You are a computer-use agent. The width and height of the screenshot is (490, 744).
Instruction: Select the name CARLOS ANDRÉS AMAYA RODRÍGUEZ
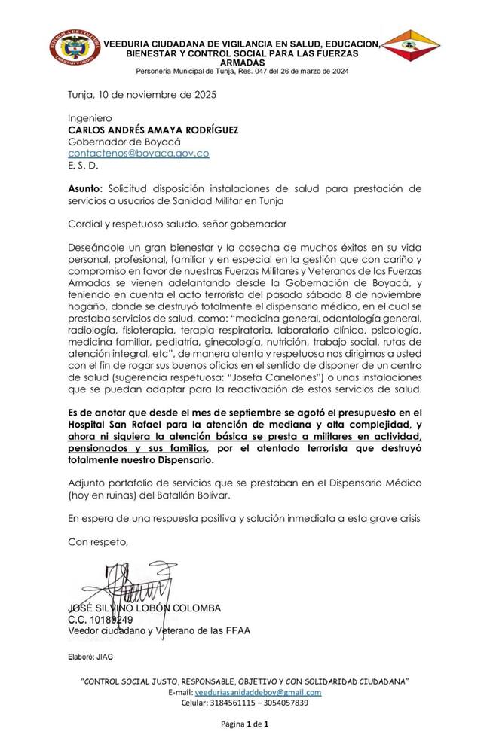point(153,130)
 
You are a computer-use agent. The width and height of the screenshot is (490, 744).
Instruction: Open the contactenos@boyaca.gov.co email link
point(139,154)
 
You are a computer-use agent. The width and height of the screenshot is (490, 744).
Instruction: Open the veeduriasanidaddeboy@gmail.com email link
point(258,692)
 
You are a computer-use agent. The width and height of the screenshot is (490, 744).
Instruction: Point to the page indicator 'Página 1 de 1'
point(245,724)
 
